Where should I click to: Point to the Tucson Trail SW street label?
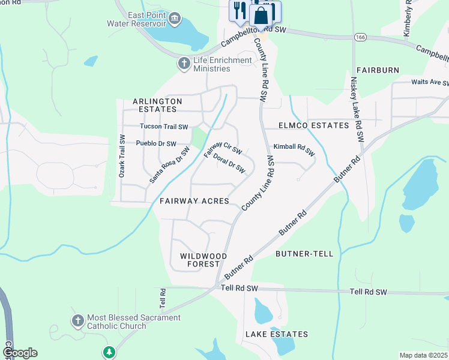click(x=164, y=127)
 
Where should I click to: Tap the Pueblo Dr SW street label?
click(x=156, y=144)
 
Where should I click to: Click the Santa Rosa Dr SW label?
click(x=169, y=165)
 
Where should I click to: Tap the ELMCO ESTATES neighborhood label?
click(x=313, y=125)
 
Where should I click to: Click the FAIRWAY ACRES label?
click(x=194, y=201)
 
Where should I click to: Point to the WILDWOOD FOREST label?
click(x=203, y=260)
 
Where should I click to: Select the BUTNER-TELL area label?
click(x=304, y=254)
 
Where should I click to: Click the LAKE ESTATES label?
click(x=276, y=334)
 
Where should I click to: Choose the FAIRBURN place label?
click(x=377, y=70)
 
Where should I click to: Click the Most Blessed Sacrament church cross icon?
click(x=77, y=322)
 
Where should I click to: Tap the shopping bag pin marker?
click(x=262, y=14)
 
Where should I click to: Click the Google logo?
click(x=20, y=353)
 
